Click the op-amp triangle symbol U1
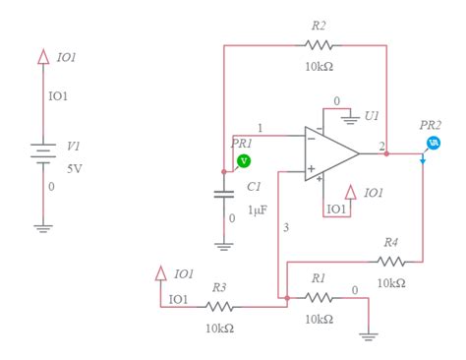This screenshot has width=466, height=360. click(x=330, y=153)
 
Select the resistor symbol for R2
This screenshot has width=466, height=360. click(x=319, y=45)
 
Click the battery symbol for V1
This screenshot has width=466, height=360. click(x=42, y=153)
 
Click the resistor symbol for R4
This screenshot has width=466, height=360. click(x=390, y=262)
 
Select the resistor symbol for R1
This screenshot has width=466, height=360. click(x=318, y=297)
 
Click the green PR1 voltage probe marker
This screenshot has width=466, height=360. click(x=244, y=160)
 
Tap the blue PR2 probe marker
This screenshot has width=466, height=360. click(x=433, y=144)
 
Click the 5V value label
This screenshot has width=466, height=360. click(x=75, y=168)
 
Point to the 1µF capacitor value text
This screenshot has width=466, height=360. click(x=257, y=210)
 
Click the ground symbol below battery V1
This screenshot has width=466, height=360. click(x=42, y=227)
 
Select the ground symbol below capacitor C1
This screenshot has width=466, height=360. click(x=225, y=244)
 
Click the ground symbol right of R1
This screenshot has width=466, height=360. click(x=368, y=334)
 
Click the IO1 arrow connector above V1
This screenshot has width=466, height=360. click(x=42, y=57)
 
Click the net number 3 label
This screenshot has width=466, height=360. click(x=286, y=228)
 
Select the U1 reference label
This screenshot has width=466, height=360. click(x=372, y=116)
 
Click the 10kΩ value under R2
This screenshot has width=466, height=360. click(x=319, y=67)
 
